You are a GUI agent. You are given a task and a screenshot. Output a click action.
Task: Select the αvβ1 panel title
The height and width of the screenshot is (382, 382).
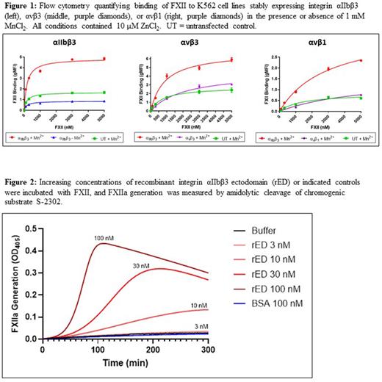pyautogui.click(x=315, y=46)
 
